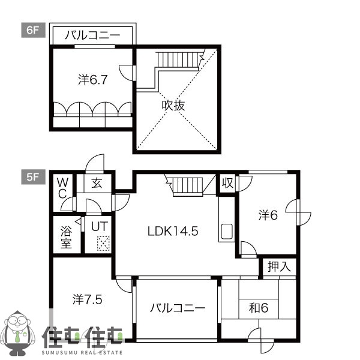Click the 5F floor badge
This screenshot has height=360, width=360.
(x=32, y=176)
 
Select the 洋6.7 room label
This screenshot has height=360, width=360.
(x=93, y=79)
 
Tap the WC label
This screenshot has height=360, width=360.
(x=62, y=187)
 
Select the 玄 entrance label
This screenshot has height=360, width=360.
(x=97, y=183)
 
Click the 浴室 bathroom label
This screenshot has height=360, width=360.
(x=65, y=236)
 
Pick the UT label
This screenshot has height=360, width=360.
(x=99, y=227)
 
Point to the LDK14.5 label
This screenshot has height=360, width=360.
(x=173, y=230)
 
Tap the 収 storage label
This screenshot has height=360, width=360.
(x=227, y=182)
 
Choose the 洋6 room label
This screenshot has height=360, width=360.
(x=268, y=215)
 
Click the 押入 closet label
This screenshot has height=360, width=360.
(x=279, y=266)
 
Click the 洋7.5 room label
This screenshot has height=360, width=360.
(x=87, y=298)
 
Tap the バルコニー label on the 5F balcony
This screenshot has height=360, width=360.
(x=177, y=308)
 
